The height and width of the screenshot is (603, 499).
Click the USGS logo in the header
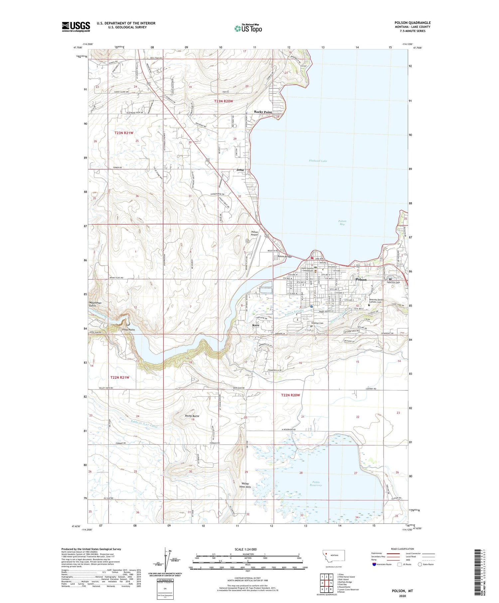click(x=76, y=27)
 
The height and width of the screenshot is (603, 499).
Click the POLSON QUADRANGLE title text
click(x=412, y=23)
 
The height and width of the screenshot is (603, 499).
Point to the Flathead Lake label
click(x=318, y=161)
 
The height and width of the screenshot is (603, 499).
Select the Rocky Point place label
click(x=263, y=112)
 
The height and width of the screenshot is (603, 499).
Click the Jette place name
click(x=240, y=170)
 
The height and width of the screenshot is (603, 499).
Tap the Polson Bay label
click(x=342, y=223)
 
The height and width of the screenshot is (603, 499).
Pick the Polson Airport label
click(x=254, y=233)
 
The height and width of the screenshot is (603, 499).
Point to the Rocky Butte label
click(x=192, y=416)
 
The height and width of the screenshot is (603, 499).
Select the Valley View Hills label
click(x=245, y=485)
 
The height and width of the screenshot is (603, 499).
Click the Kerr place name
click(x=255, y=325)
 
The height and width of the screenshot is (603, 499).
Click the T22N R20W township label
click(x=290, y=395)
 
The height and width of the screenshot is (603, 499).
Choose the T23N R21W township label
click(x=124, y=133)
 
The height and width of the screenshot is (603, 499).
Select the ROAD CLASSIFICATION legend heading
click(x=403, y=549)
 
